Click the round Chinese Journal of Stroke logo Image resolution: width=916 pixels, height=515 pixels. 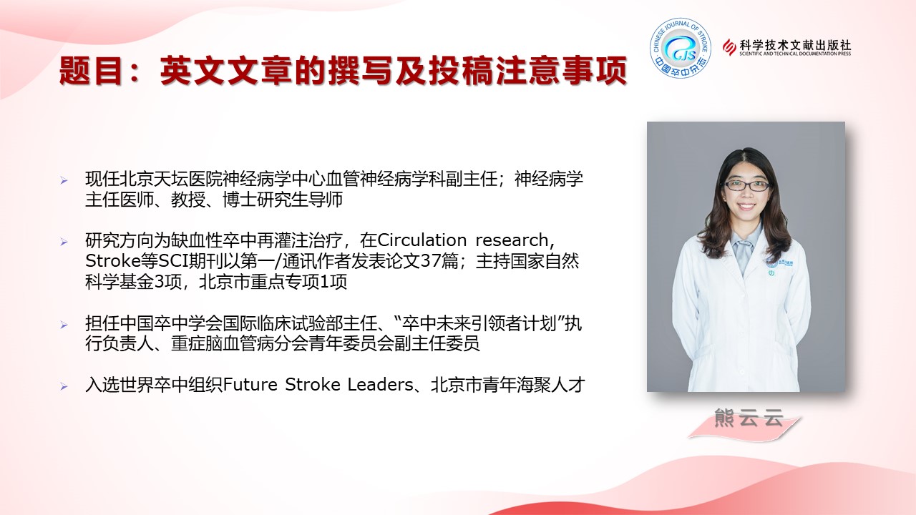[x=681, y=48]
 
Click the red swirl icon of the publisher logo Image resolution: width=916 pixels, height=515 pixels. [x=729, y=47]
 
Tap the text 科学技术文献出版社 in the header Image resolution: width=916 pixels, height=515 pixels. [x=795, y=45]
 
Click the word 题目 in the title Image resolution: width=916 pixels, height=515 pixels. [x=91, y=70]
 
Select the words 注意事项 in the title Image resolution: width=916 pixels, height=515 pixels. [x=562, y=70]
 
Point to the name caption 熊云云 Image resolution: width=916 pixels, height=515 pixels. [x=749, y=418]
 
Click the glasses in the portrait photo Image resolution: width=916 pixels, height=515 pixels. [x=746, y=186]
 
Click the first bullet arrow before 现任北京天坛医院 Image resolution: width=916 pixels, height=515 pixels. [x=64, y=180]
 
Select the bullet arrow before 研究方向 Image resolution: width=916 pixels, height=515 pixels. [x=64, y=242]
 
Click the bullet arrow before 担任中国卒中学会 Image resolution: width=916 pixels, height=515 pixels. [x=64, y=325]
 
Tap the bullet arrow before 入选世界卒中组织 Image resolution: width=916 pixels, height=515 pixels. [x=64, y=386]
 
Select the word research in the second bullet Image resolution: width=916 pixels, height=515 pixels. [x=515, y=240]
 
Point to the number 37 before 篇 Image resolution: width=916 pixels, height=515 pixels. [x=430, y=261]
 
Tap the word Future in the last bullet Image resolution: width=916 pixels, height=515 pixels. [x=250, y=385]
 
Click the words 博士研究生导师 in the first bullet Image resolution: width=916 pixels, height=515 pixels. [x=283, y=200]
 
